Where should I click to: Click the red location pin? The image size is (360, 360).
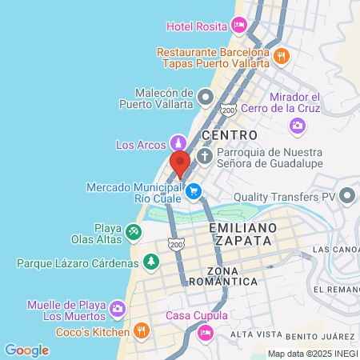[180, 162]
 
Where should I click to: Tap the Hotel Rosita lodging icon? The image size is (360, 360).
[238, 26]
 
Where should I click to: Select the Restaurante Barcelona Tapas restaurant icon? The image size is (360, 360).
[281, 56]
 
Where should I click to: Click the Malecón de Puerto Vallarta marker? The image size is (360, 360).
[206, 98]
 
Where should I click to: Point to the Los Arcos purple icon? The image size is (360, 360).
[177, 145]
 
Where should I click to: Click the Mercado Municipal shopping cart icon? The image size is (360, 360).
[192, 190]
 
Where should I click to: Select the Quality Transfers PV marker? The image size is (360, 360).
[347, 195]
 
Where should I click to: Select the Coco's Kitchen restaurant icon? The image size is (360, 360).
[141, 331]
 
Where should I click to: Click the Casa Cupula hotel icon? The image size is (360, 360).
[206, 330]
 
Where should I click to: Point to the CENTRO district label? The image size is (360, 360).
[230, 135]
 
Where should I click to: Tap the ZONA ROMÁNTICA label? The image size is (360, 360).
[231, 276]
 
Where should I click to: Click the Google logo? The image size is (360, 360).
[26, 350]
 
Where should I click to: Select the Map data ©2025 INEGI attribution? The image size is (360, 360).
[313, 354]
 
